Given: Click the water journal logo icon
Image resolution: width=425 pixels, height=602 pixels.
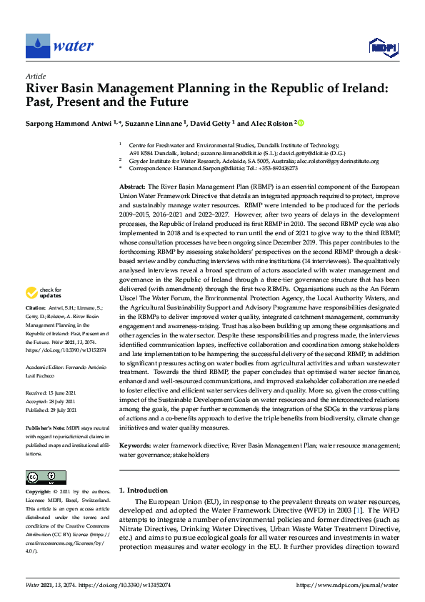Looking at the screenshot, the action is [38, 45].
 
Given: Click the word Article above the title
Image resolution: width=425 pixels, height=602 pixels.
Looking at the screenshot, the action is [36, 76].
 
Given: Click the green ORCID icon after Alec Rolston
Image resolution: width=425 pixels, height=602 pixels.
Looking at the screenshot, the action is [300, 123].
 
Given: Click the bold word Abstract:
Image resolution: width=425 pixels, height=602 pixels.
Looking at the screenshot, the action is [133, 185].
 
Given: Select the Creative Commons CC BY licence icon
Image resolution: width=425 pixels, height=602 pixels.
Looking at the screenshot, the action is [41, 477].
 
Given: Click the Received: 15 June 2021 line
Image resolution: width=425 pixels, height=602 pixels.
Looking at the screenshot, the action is [56, 393].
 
